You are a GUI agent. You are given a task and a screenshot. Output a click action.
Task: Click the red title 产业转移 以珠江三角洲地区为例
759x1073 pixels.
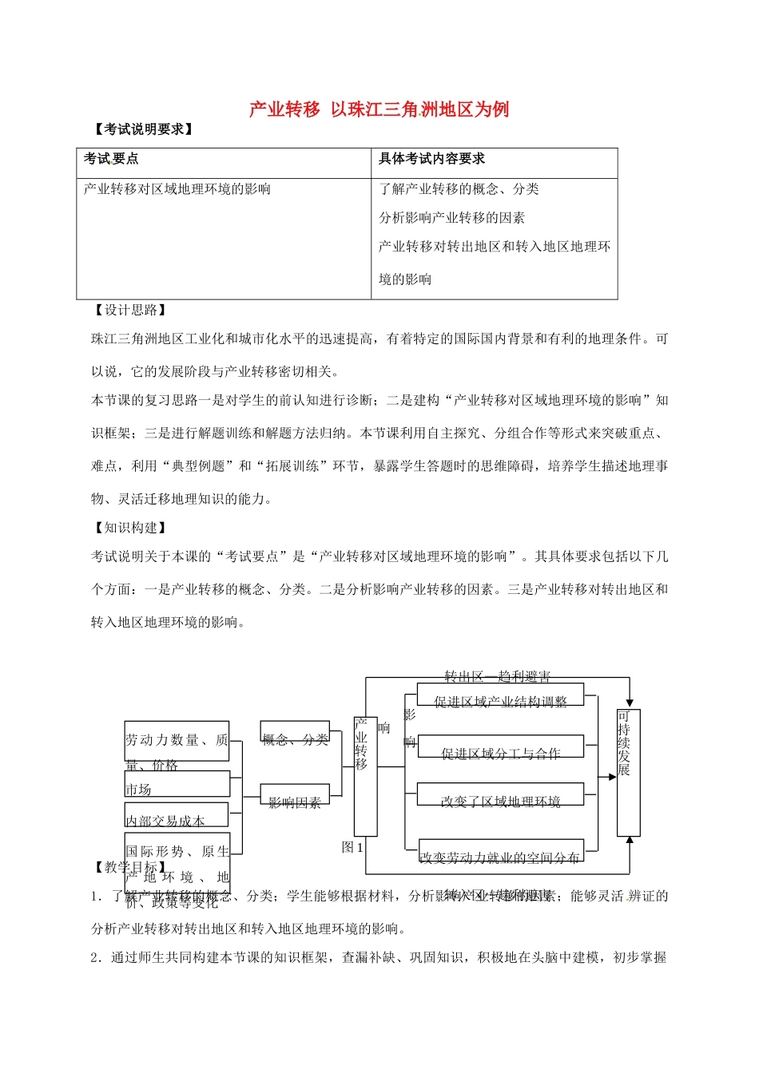[379, 109]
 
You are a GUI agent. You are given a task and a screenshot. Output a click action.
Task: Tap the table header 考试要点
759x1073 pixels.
[111, 159]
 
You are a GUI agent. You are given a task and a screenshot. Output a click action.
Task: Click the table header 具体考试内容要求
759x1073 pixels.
[431, 159]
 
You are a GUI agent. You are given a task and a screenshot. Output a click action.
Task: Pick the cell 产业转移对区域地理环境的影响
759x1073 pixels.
[177, 189]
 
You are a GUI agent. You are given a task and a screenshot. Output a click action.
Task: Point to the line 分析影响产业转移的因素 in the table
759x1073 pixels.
[452, 218]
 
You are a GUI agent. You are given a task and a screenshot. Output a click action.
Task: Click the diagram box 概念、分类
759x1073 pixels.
[295, 738]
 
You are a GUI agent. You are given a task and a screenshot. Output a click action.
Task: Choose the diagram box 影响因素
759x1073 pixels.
[295, 802]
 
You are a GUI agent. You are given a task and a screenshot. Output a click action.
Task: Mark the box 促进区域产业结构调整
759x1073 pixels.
[500, 701]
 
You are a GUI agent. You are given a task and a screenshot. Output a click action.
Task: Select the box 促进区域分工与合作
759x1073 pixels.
[500, 752]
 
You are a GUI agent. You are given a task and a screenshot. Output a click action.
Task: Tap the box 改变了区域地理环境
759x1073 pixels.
[500, 801]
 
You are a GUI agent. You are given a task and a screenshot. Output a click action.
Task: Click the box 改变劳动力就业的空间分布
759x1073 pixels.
[500, 857]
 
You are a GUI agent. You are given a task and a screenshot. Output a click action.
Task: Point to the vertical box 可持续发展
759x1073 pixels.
[628, 771]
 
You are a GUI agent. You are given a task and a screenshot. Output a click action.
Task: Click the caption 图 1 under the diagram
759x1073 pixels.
[352, 847]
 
